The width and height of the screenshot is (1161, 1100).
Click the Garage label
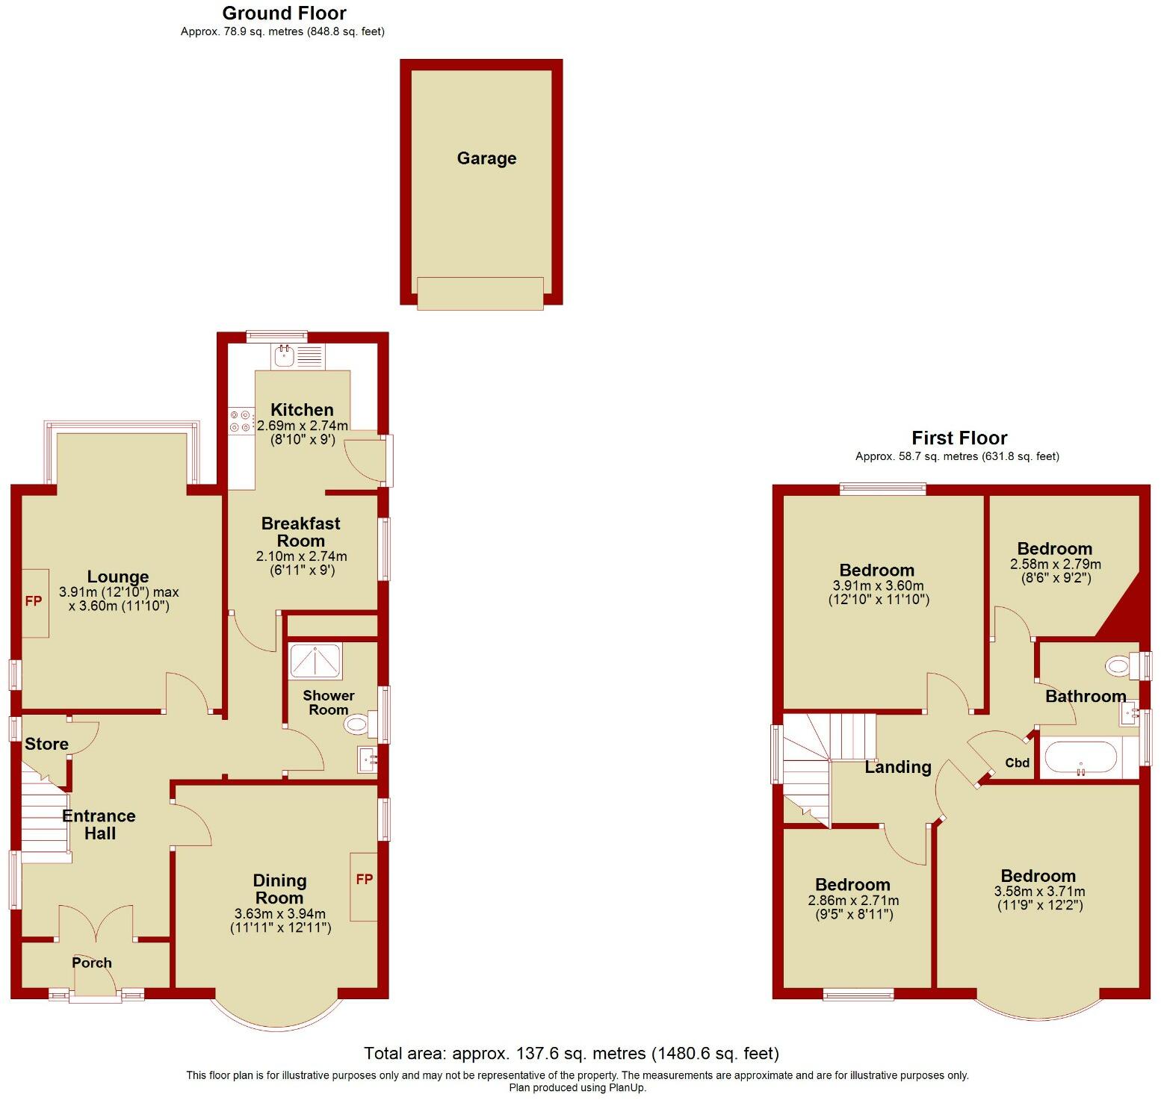pyautogui.click(x=486, y=158)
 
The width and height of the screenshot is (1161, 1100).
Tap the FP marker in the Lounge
pyautogui.click(x=34, y=601)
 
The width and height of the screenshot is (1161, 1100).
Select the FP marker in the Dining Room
pyautogui.click(x=364, y=880)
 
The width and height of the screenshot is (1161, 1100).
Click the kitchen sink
pyautogui.click(x=285, y=355)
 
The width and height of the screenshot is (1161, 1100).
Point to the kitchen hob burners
pyautogui.click(x=241, y=420)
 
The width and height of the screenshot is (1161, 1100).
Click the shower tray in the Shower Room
pyautogui.click(x=315, y=661)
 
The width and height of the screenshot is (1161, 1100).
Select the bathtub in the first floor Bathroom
pyautogui.click(x=1080, y=758)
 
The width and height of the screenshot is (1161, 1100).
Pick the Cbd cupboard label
pyautogui.click(x=1017, y=762)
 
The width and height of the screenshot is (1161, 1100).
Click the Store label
pyautogui.click(x=46, y=744)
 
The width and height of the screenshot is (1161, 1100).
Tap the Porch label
pyautogui.click(x=92, y=963)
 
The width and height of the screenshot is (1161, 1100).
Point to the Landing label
pyautogui.click(x=897, y=767)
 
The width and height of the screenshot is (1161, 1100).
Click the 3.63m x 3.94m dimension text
pyautogui.click(x=280, y=914)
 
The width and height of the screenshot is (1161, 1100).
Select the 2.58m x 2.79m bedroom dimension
pyautogui.click(x=1055, y=564)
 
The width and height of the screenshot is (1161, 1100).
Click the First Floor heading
pyautogui.click(x=959, y=438)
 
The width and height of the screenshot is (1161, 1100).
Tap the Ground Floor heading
pyautogui.click(x=284, y=13)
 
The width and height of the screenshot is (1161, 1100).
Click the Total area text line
pyautogui.click(x=572, y=1053)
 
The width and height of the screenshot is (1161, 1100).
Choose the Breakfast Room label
pyautogui.click(x=300, y=532)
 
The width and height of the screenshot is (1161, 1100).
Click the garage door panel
pyautogui.click(x=480, y=293)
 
